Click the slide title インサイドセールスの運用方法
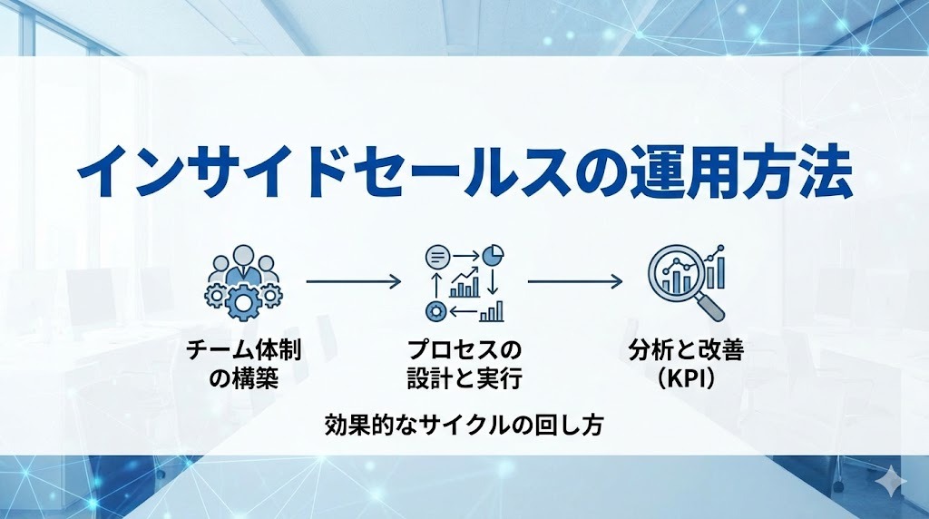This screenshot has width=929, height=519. [464, 171]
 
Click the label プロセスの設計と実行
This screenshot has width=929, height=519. [464, 363]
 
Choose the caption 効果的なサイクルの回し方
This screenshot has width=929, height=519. [464, 424]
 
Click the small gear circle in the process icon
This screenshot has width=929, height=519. [435, 312]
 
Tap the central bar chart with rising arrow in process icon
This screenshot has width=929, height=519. [464, 283]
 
